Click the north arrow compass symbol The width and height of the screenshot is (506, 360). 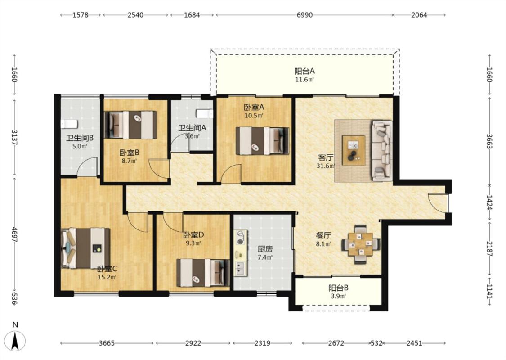[15, 341]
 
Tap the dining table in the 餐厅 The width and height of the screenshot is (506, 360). [360, 244]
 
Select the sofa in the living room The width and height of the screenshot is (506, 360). [381, 150]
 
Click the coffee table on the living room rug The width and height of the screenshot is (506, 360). [354, 150]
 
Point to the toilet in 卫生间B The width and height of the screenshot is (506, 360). [69, 124]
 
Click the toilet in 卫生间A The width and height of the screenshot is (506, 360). [205, 114]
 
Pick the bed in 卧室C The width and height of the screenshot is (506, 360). [85, 248]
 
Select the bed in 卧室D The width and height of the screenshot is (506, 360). [203, 273]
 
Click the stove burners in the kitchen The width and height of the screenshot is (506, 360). [240, 237]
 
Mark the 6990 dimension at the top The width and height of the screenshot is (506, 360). [304, 15]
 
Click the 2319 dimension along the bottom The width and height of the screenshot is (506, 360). [262, 343]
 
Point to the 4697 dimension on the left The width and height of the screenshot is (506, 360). [14, 234]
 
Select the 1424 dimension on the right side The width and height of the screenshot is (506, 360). [489, 202]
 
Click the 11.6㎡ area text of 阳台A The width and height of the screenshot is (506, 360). [304, 80]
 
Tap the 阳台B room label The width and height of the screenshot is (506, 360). [338, 288]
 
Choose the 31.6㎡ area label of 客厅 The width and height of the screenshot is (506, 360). [325, 166]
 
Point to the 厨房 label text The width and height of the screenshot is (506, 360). [265, 249]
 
